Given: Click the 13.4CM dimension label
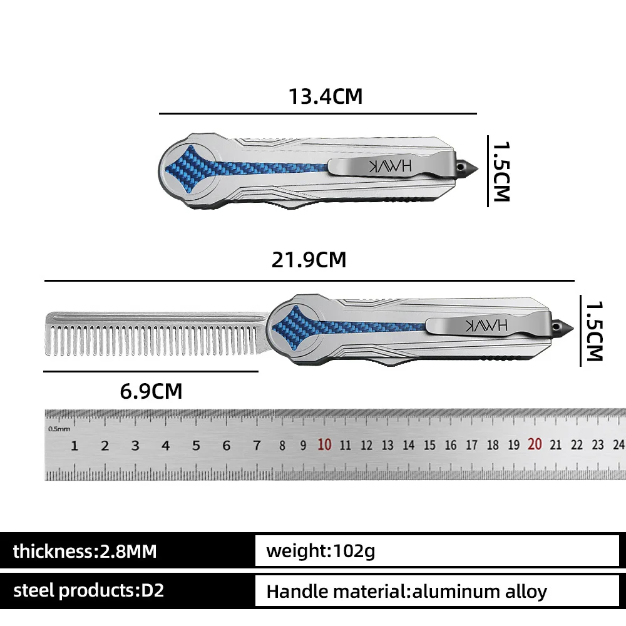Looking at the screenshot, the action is coord(326,96).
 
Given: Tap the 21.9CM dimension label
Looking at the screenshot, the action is coord(309,260).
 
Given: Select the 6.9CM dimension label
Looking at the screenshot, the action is coord(151,391).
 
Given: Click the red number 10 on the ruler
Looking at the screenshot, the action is coord(324,444).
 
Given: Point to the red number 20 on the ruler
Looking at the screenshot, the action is coord(535,444).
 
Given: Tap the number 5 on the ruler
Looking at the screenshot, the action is coord(196,446).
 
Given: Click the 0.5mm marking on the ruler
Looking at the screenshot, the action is coord(59,429).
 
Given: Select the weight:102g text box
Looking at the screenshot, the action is coord(437,551).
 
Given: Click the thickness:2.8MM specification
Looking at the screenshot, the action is coord(85,552).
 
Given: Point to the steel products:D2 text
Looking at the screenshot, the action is coord(89,590).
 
